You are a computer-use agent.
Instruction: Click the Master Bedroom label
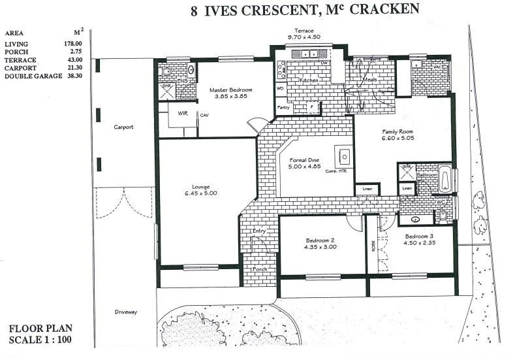pos(230,89)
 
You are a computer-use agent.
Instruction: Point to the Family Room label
pos(398,131)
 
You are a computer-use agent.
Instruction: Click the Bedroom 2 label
pos(320,240)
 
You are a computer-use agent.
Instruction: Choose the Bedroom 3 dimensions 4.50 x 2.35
pos(420,243)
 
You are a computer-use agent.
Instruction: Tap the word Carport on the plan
pos(123,127)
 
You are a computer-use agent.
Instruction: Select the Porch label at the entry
pos(259,269)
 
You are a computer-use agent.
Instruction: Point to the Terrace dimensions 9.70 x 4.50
pos(305,37)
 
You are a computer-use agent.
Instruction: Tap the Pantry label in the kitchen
pos(283,107)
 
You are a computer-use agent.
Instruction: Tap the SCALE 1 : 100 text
pos(40,340)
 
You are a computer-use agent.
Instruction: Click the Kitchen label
pos(308,80)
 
